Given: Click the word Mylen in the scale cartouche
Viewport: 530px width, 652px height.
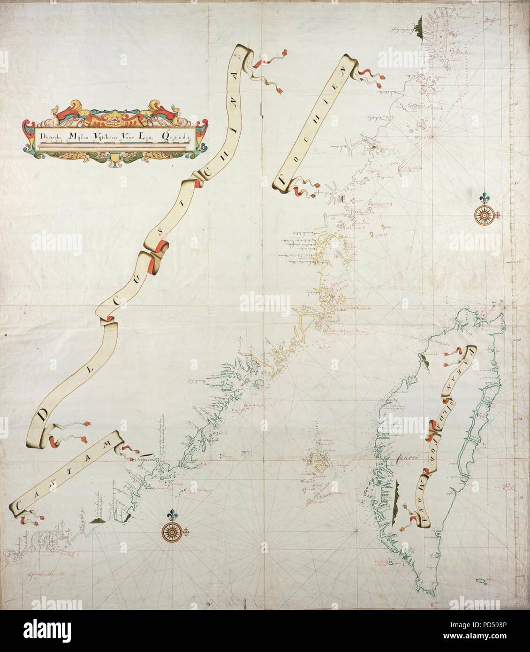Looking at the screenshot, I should [x=76, y=136].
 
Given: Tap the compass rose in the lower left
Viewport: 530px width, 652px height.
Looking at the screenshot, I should [x=172, y=531].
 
